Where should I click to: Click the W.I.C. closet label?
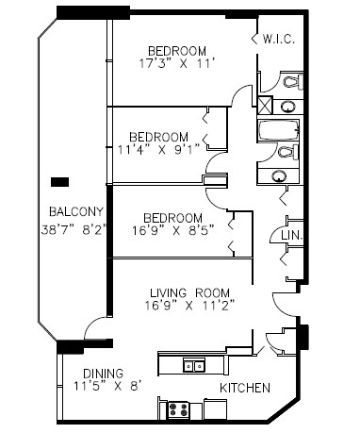click(281, 39)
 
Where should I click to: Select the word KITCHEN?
click(245, 388)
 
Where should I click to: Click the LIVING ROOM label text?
click(190, 291)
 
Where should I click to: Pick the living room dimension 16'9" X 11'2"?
click(190, 305)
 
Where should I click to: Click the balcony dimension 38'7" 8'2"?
click(75, 228)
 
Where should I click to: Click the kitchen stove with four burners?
click(179, 409)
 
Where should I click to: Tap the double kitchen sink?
click(194, 366)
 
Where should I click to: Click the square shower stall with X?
click(267, 106)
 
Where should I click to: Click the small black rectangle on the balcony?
click(59, 180)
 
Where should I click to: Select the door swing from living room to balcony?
click(94, 329)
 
